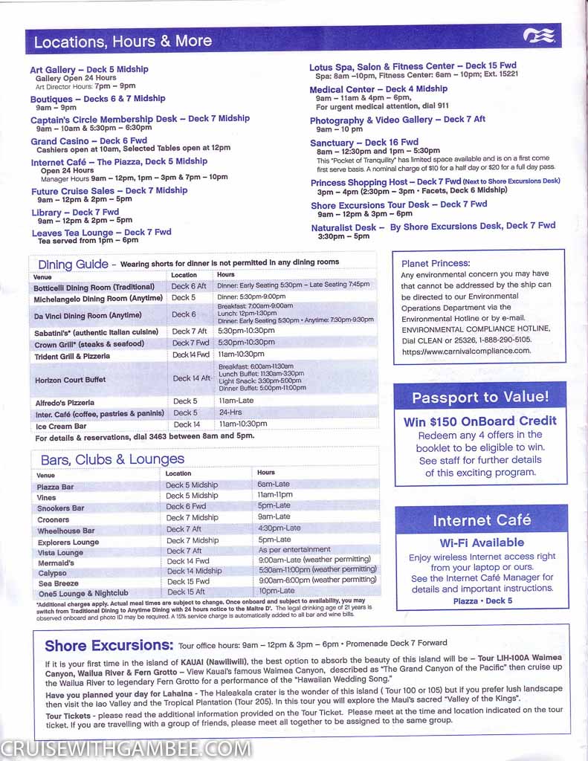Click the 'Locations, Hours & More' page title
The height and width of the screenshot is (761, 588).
tap(123, 42)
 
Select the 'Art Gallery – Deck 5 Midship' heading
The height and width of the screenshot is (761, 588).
tap(89, 69)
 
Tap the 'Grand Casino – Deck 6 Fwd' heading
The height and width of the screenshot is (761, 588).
tap(88, 140)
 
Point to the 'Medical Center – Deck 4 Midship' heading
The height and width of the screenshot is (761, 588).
tap(378, 89)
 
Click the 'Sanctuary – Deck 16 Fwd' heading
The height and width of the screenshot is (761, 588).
tap(364, 142)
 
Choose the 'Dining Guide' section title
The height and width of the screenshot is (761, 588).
tap(73, 264)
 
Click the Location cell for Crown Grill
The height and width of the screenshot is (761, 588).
tap(191, 343)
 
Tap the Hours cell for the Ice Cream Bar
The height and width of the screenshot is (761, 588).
tap(243, 424)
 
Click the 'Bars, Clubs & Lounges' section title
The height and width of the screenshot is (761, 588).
tap(112, 459)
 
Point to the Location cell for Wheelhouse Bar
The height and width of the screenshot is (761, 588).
tap(184, 529)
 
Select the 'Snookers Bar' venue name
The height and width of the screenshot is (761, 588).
tap(60, 508)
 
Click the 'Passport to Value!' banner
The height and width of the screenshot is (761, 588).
tap(480, 398)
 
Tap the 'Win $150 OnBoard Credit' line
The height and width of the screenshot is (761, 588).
tap(480, 421)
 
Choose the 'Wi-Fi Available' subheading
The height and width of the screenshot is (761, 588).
tap(482, 543)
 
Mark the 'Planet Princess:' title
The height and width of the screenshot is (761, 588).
tap(436, 263)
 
